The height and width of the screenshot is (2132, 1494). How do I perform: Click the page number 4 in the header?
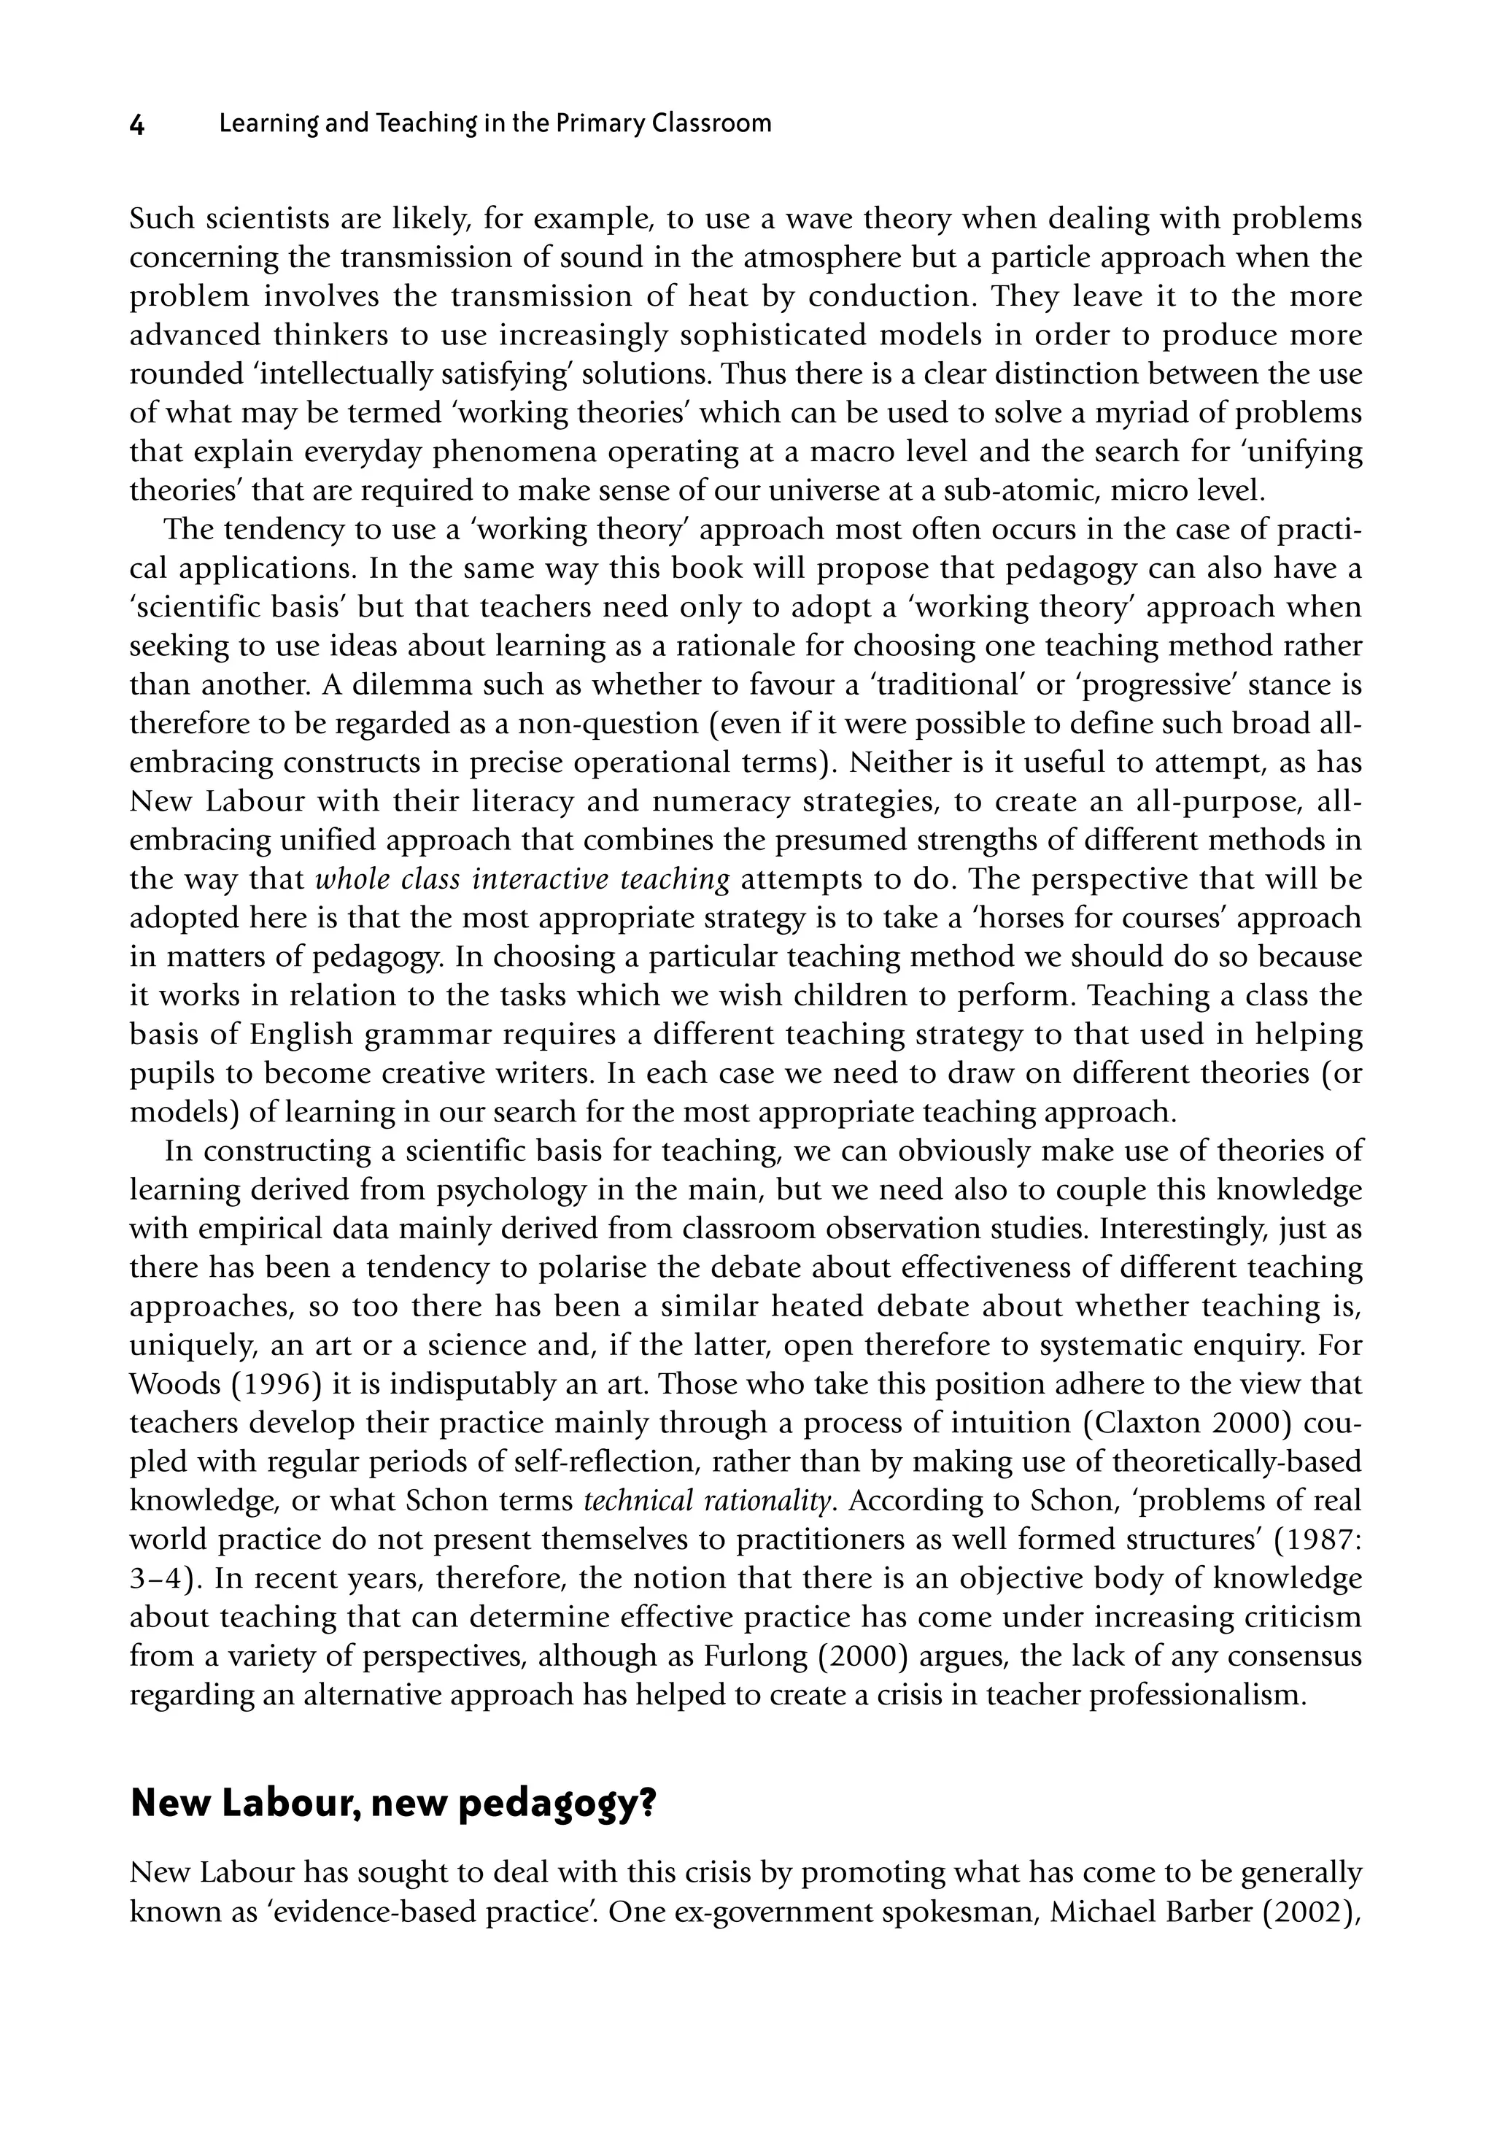click(137, 125)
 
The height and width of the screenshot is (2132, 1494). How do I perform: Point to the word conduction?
click(889, 296)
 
